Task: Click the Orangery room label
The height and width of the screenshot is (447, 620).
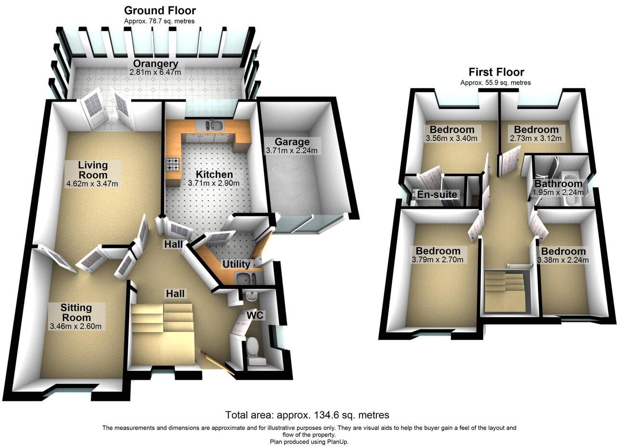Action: [155, 64]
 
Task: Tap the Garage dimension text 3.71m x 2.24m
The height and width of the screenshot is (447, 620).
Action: [291, 151]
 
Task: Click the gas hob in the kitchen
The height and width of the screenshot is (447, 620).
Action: [173, 165]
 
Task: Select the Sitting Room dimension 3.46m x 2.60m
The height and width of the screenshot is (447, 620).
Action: [76, 327]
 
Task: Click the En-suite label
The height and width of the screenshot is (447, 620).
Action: [437, 195]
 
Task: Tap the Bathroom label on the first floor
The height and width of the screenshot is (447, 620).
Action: [558, 184]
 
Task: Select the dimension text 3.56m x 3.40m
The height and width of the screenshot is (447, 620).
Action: [452, 139]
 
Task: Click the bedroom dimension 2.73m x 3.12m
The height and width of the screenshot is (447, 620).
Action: [536, 139]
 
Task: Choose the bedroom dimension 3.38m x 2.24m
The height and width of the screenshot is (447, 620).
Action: [563, 260]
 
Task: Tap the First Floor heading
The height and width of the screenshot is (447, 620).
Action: [496, 72]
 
